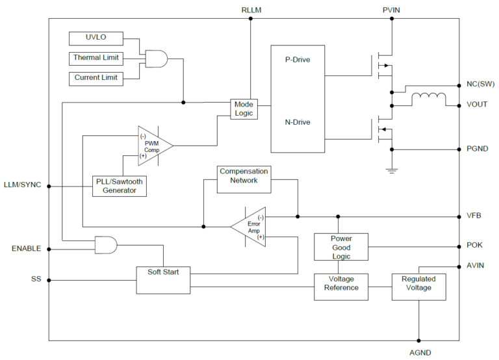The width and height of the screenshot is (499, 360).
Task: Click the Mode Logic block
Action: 244,109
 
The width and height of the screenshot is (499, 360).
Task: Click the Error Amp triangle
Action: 249,227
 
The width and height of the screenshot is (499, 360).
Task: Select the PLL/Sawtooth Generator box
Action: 119,186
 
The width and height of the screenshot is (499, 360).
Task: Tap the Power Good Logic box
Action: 341,247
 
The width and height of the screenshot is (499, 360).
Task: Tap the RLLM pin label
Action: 251,10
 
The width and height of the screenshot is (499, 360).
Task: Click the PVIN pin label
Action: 392,10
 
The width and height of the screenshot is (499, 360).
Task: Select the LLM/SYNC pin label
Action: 22,185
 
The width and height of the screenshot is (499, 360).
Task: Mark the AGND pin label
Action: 418,352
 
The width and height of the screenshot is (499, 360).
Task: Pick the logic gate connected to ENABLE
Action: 106,244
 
